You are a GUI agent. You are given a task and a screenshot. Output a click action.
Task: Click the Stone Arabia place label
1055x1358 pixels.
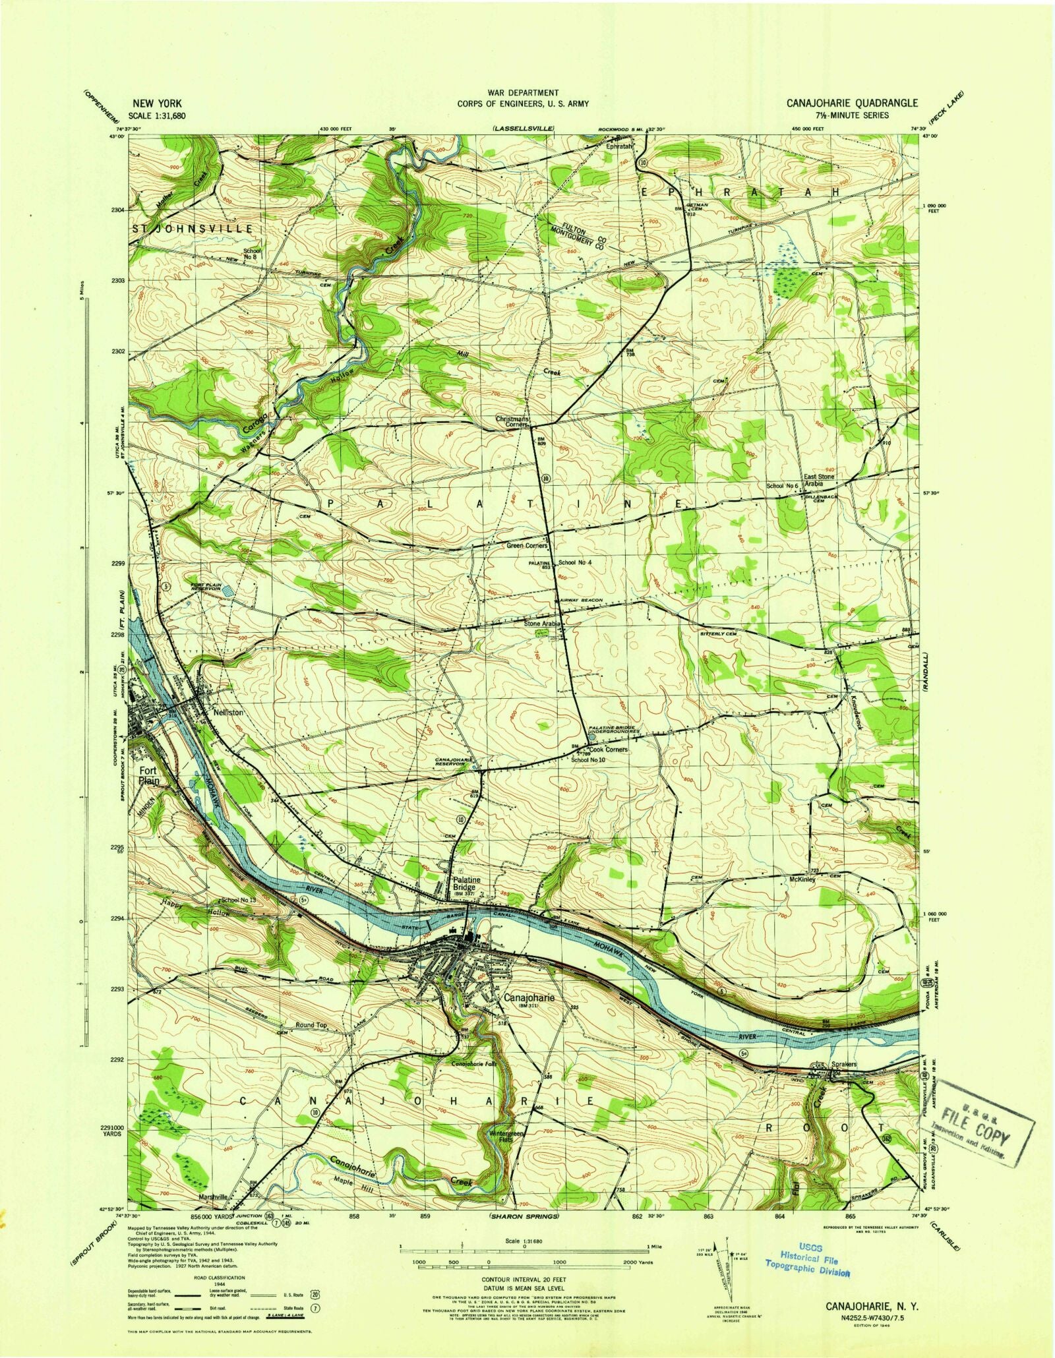tap(542, 623)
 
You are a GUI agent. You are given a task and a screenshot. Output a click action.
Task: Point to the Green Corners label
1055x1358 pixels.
tap(527, 546)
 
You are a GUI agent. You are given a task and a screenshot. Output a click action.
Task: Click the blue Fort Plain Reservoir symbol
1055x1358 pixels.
tap(227, 590)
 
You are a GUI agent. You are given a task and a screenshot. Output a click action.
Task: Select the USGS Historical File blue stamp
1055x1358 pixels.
tap(807, 1259)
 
